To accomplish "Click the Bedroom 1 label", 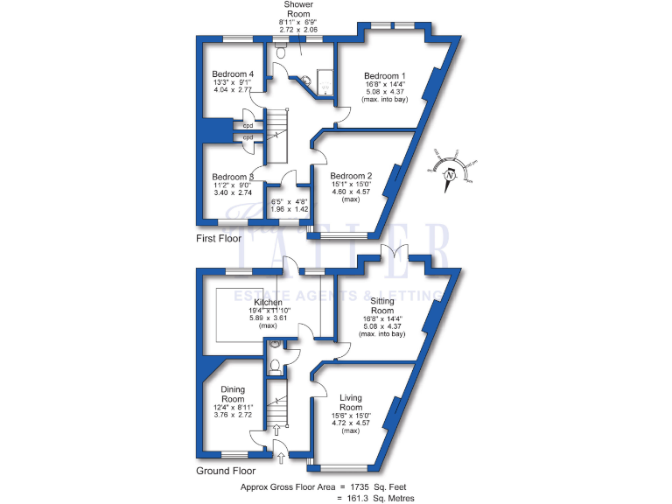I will point(385,76).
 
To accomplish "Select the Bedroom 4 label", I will point(233,74).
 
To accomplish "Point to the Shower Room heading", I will point(298,10).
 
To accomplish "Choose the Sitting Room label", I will point(382,305).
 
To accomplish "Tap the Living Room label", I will point(351,402).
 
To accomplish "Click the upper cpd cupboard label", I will point(248,125).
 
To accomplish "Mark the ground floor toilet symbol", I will point(275,366).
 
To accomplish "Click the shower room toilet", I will point(282,52).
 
